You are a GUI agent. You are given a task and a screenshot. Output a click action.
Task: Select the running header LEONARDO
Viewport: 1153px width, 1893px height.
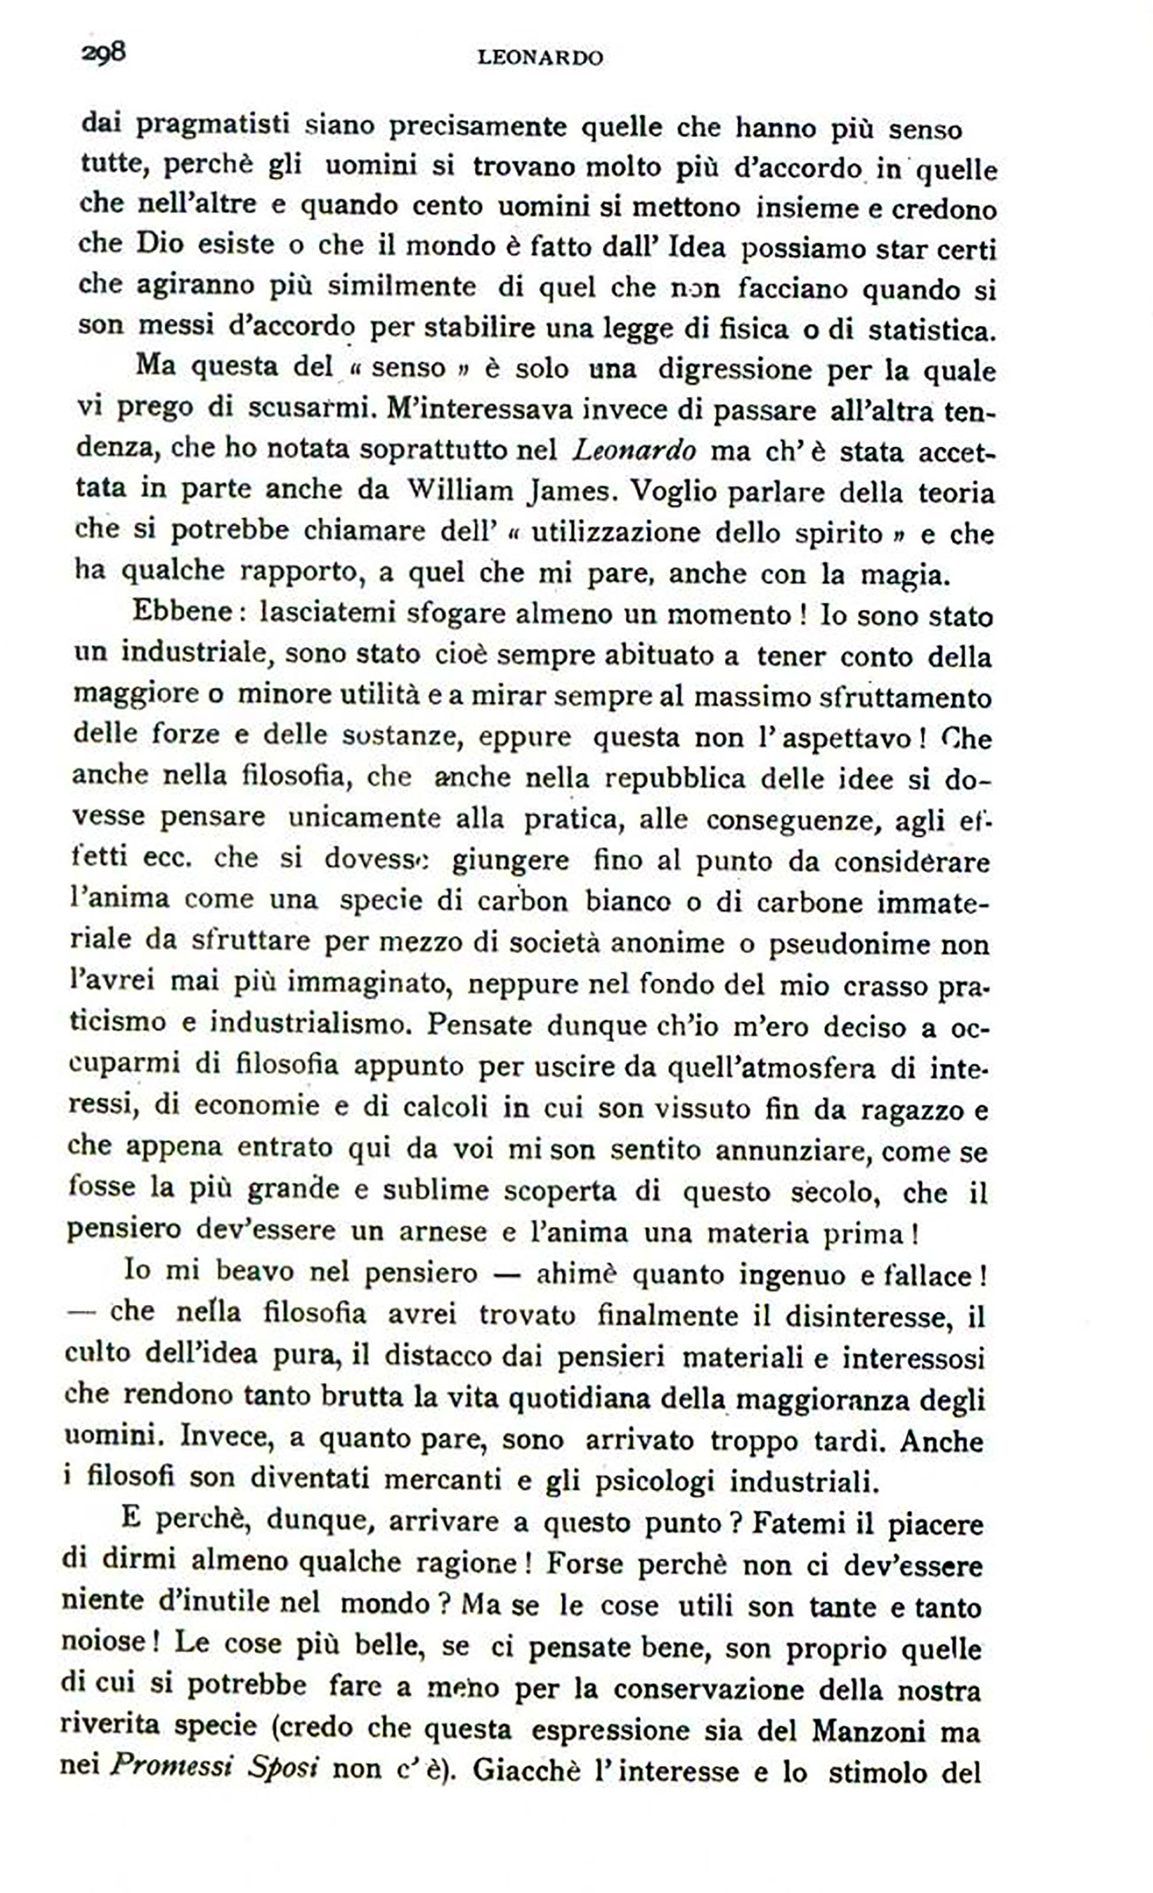pyautogui.click(x=539, y=58)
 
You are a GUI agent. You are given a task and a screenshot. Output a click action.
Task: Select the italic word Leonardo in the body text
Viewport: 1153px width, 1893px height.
pyautogui.click(x=635, y=450)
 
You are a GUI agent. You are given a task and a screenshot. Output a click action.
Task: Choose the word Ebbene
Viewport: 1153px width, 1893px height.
pyautogui.click(x=183, y=612)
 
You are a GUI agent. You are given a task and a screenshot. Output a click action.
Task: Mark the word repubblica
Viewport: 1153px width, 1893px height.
pyautogui.click(x=675, y=778)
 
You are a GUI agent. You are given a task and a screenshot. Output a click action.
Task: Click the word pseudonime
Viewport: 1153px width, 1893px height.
pyautogui.click(x=854, y=943)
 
